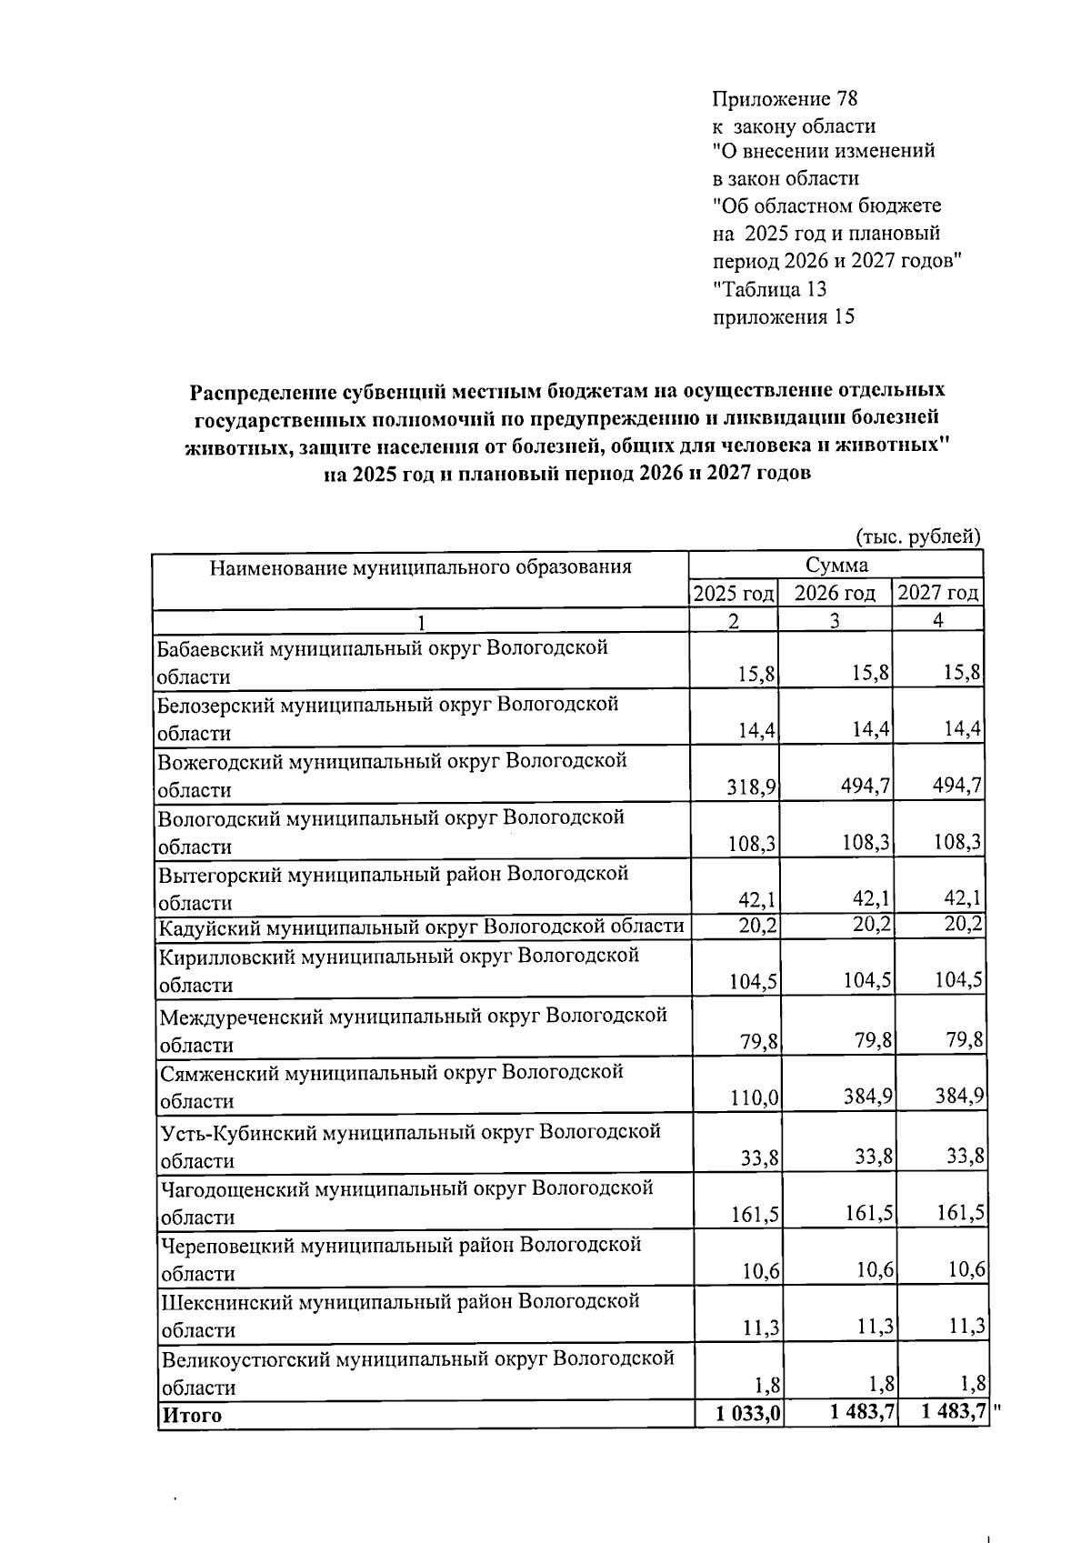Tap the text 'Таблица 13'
tap(772, 289)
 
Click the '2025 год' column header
tap(734, 594)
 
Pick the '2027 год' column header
tap(938, 594)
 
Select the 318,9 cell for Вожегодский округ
tap(750, 787)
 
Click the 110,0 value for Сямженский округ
tap(754, 1098)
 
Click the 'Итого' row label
tap(192, 1416)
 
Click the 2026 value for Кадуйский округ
tap(868, 925)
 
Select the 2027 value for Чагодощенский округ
tap(961, 1214)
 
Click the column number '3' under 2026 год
tap(835, 620)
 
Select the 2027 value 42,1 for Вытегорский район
tap(964, 899)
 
